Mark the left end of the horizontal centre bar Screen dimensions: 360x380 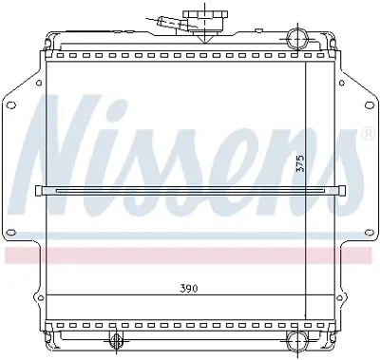pos(39,191)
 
